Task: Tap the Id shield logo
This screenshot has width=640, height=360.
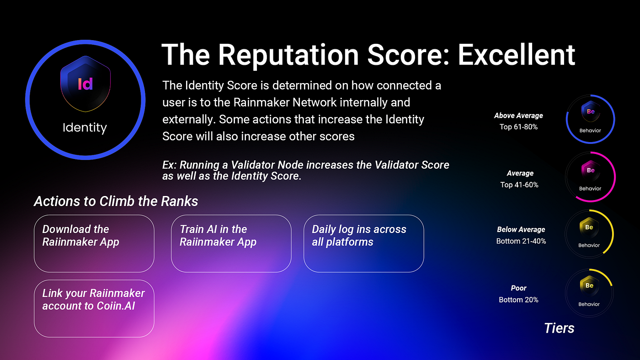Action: tap(85, 84)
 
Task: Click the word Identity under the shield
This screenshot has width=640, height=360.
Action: tap(85, 127)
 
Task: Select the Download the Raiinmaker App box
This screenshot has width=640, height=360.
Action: tap(94, 244)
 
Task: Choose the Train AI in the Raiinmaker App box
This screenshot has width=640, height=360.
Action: tap(231, 244)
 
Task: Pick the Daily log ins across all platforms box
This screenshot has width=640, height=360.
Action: tap(364, 244)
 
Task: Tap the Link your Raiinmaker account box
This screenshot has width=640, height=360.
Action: tap(94, 309)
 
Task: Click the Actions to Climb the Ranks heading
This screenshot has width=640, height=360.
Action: tap(116, 201)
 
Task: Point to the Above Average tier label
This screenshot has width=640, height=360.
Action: tap(518, 116)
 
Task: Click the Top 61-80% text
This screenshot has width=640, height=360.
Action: tap(518, 127)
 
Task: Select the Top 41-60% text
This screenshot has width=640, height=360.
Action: tap(519, 185)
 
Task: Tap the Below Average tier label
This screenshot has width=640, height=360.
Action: tap(521, 229)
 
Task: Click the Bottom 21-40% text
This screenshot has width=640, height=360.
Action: tap(521, 241)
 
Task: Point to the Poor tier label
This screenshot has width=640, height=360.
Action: tap(518, 288)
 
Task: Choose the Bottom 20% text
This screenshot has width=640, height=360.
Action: tap(518, 300)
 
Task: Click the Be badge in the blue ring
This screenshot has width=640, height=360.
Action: tap(591, 111)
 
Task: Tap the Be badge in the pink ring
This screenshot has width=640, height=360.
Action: tap(591, 170)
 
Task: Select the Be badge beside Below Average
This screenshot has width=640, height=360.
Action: tap(589, 228)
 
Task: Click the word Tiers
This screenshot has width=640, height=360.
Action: tap(559, 328)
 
